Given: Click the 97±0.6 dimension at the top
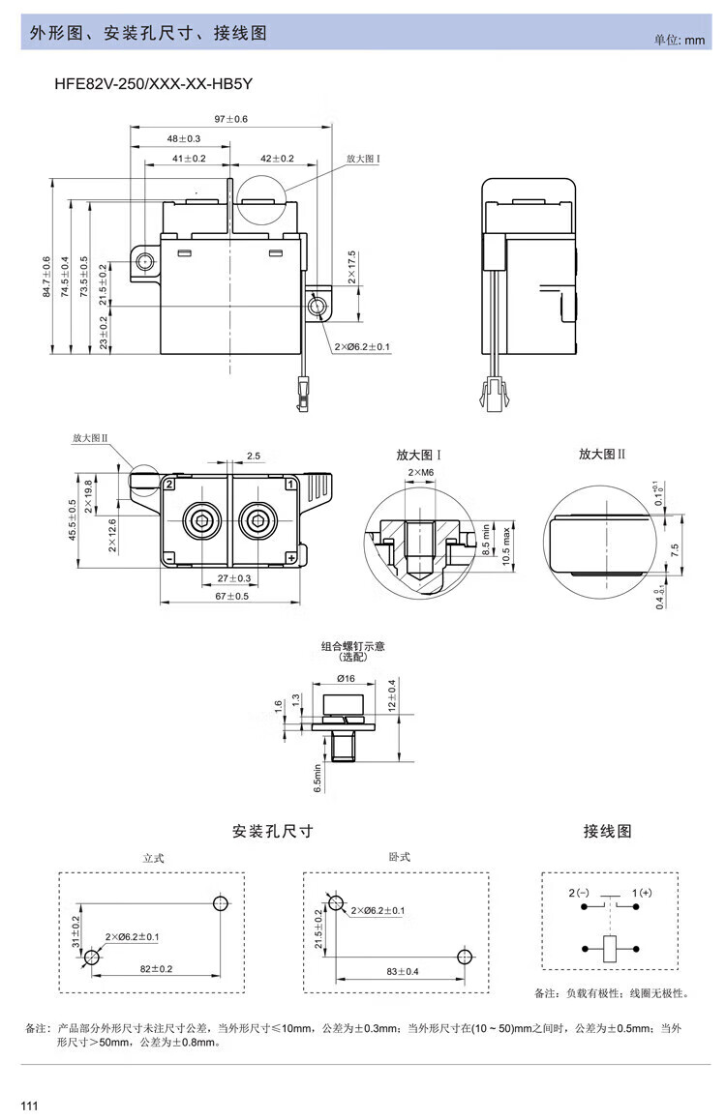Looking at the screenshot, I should point(231,118).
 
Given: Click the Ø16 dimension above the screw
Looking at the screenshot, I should point(347,679).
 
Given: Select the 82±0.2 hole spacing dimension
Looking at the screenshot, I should point(155,968).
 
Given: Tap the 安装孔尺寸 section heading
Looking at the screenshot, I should point(272,831).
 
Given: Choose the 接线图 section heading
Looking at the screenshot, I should point(607,831).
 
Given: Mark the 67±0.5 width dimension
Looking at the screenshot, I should point(230,596).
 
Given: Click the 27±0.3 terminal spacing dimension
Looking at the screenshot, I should point(232,577).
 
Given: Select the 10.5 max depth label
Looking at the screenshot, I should point(505,547).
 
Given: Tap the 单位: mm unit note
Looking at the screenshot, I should point(681,40).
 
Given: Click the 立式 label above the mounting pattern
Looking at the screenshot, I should point(154,858).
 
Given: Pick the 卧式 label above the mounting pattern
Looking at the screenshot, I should point(398,856).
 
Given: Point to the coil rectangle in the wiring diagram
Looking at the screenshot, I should point(610,948).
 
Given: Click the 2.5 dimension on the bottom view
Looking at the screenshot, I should point(253,455).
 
